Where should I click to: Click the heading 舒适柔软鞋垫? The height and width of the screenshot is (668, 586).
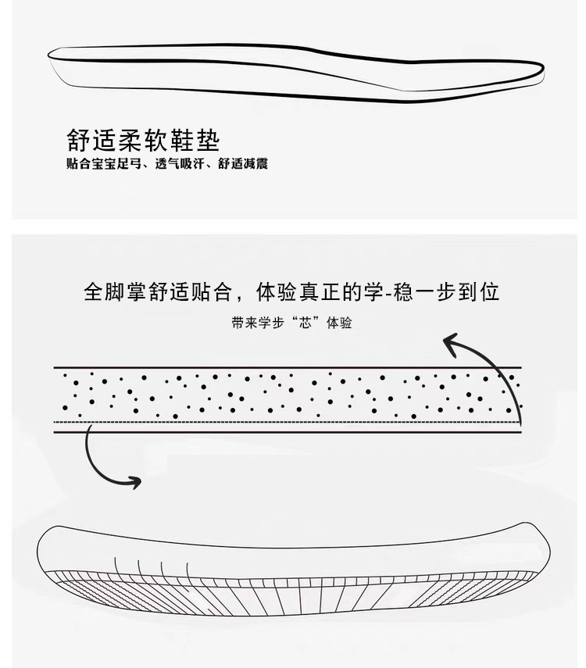click(x=143, y=140)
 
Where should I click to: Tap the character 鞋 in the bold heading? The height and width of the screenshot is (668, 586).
click(x=182, y=140)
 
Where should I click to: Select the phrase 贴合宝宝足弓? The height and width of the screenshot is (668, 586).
click(x=104, y=163)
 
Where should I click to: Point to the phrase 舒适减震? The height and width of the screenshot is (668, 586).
click(x=242, y=163)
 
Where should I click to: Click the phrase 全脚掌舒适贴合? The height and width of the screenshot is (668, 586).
click(x=158, y=292)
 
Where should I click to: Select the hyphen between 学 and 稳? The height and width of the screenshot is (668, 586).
click(x=388, y=294)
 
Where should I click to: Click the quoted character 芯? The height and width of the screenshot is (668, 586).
click(x=306, y=323)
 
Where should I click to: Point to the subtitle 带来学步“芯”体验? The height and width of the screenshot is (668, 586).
click(x=292, y=323)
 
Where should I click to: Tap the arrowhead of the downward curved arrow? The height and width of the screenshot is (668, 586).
click(x=134, y=482)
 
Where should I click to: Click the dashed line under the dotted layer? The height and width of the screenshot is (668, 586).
click(x=288, y=422)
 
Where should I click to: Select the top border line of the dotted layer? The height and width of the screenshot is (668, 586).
click(x=288, y=367)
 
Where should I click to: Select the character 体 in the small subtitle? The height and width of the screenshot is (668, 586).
click(x=333, y=323)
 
